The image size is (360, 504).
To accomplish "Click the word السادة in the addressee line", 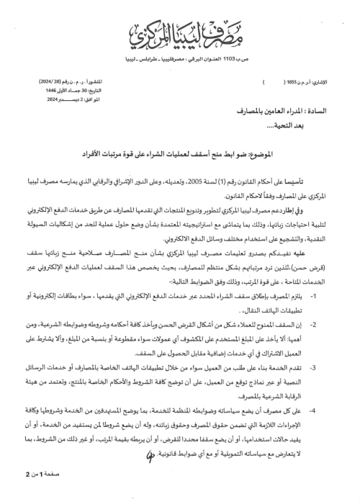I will (x=317, y=114).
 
